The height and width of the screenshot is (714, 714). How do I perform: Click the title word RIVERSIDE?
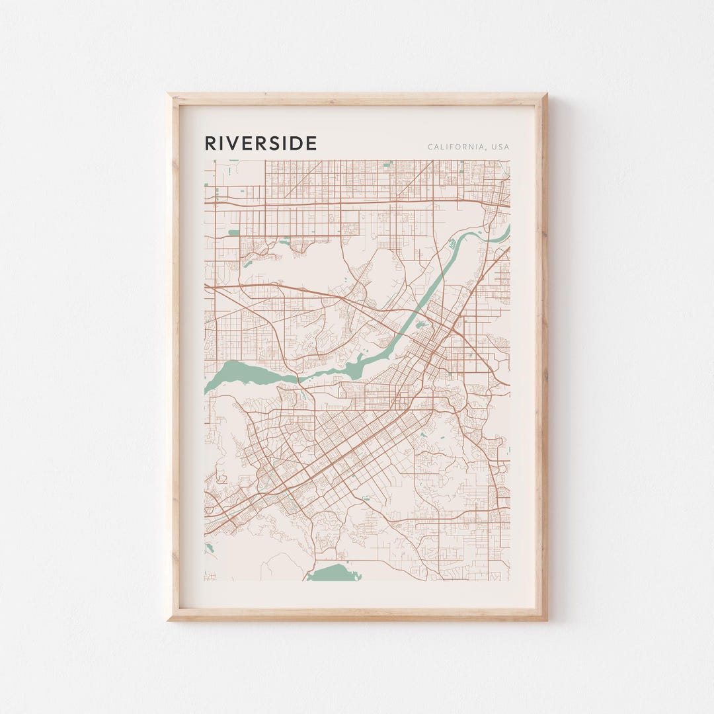click(x=260, y=143)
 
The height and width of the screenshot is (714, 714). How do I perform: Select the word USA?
click(x=500, y=147)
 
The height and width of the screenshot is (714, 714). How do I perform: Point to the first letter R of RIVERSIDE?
click(x=210, y=143)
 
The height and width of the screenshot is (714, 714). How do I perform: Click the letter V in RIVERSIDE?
click(x=232, y=143)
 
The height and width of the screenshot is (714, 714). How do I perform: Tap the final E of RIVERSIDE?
click(x=312, y=143)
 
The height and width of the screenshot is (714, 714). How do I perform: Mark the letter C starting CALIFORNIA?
click(x=430, y=147)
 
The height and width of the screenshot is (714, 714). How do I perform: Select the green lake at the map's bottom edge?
click(x=335, y=573)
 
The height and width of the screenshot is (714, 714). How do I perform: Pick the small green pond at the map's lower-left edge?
click(x=210, y=548)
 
